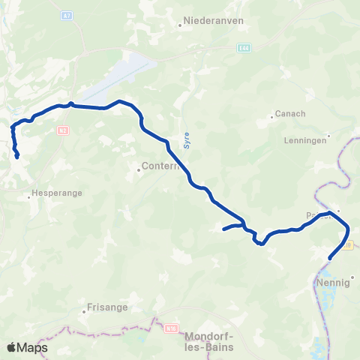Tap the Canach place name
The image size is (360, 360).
point(292,114)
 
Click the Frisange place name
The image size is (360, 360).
point(107,307)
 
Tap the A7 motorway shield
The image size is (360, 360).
point(67,14)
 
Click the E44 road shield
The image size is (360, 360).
point(242,48)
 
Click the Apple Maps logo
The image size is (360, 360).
point(27,347)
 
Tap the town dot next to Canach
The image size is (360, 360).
point(272,117)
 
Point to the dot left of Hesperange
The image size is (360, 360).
point(29,197)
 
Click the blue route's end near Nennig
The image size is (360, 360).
point(330,259)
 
